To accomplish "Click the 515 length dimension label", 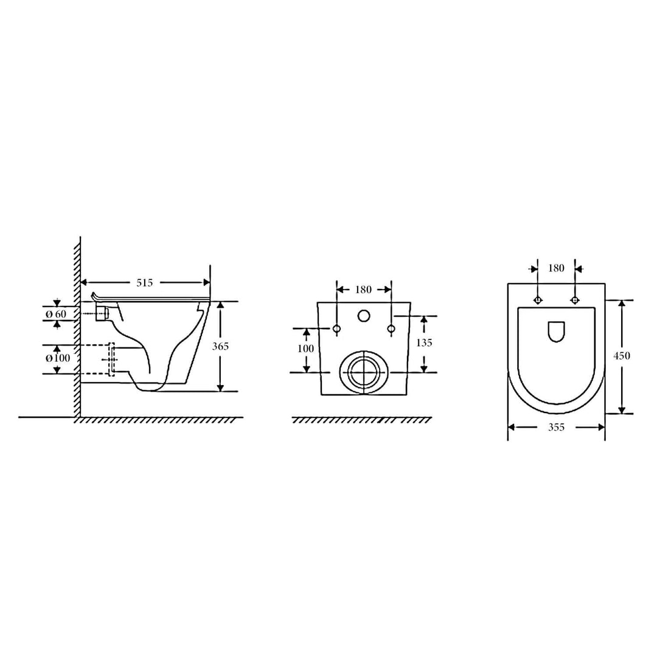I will pyautogui.click(x=144, y=282).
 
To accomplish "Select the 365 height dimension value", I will pyautogui.click(x=220, y=347).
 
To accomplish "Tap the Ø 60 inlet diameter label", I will pyautogui.click(x=57, y=313).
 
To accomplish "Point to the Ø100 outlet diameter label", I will pyautogui.click(x=58, y=358).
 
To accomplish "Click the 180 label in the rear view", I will pyautogui.click(x=363, y=290).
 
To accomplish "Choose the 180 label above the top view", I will pyautogui.click(x=556, y=268).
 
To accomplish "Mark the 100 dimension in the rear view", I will pyautogui.click(x=307, y=349).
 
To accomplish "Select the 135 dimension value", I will pyautogui.click(x=424, y=342).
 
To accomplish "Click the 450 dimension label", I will pyautogui.click(x=622, y=356).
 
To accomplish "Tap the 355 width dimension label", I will pyautogui.click(x=556, y=427).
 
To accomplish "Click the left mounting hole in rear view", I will pyautogui.click(x=336, y=330).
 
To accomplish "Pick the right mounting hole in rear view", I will pyautogui.click(x=391, y=330).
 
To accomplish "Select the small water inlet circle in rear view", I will pyautogui.click(x=364, y=316).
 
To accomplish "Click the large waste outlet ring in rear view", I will pyautogui.click(x=364, y=372).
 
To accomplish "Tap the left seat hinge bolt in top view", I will pyautogui.click(x=537, y=300).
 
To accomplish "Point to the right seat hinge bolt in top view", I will pyautogui.click(x=575, y=300).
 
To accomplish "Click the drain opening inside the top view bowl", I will pyautogui.click(x=556, y=332).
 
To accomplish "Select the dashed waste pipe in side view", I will pyautogui.click(x=97, y=360).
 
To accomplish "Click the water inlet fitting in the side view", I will pyautogui.click(x=103, y=313).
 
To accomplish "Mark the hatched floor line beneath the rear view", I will pyautogui.click(x=362, y=420).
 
